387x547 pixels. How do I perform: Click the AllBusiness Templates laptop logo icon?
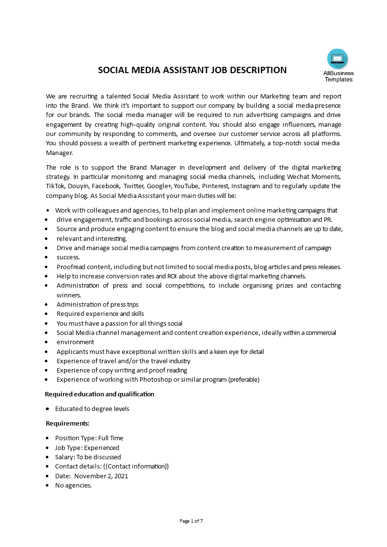click(338, 59)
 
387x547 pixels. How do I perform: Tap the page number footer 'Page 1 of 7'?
click(191, 521)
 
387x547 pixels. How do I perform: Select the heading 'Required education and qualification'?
click(100, 394)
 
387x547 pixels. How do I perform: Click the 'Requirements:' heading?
click(67, 423)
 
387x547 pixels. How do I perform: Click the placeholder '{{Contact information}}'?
click(139, 466)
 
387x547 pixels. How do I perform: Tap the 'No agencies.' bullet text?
click(73, 485)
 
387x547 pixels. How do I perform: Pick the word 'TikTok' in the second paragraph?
click(55, 186)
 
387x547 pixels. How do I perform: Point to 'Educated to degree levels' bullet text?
click(92, 409)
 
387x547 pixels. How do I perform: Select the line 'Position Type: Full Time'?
click(89, 438)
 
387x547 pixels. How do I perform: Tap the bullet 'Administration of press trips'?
click(98, 304)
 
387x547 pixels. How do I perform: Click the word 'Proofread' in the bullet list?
click(71, 267)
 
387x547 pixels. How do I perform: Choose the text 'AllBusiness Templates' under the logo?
click(338, 76)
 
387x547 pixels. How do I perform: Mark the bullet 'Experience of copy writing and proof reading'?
click(122, 370)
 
